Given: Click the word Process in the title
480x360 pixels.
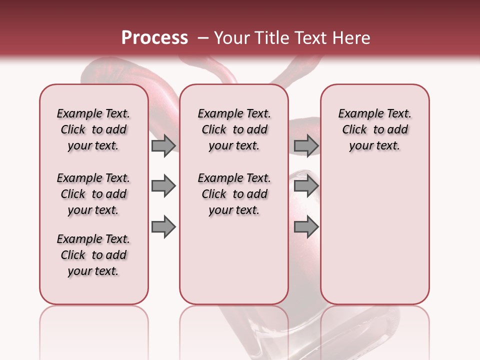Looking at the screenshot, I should coord(154,38).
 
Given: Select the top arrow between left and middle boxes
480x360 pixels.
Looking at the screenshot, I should coord(163,146).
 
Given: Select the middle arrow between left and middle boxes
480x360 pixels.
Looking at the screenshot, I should coord(163,186).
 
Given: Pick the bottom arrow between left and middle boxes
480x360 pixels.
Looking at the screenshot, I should coord(163,227).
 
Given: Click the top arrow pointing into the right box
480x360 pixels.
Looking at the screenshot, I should coord(306,146).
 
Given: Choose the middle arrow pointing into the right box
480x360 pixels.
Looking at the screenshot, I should coord(306,186).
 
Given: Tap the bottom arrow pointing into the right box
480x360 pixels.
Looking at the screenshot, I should coord(306,227).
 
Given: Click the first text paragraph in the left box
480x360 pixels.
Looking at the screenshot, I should coord(93,129).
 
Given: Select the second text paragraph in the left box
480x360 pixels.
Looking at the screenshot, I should coord(93,194).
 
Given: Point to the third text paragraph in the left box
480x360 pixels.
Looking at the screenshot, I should coord(93,255).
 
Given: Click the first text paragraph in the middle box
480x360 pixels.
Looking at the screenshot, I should coord(234,129).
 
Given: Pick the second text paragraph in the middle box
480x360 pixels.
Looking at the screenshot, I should coord(234,194).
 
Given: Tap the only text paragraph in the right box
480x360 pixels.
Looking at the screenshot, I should coord(374,129).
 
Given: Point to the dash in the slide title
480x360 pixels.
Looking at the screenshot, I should coord(203,38).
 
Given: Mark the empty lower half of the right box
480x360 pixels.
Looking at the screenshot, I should coord(374,240).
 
